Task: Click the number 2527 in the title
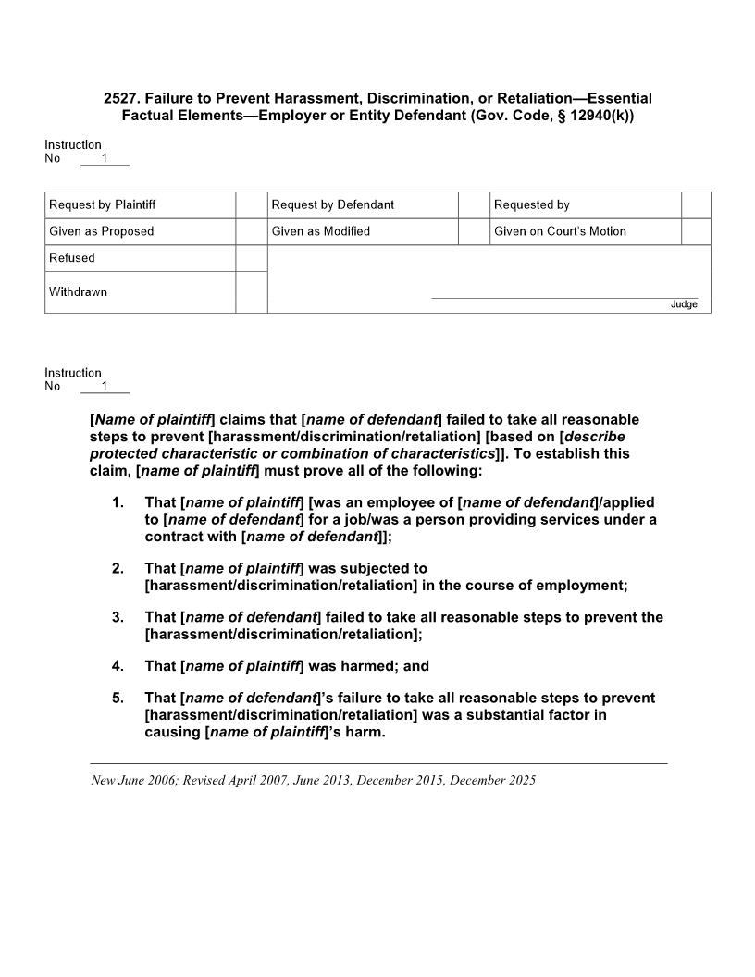(x=121, y=98)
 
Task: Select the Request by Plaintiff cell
(x=102, y=204)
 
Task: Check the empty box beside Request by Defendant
(x=474, y=204)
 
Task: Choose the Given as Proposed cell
(x=102, y=231)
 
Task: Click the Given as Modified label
(x=320, y=231)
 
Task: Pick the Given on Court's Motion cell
(x=560, y=231)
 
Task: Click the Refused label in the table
(x=72, y=258)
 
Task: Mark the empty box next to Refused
(x=251, y=258)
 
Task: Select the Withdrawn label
(x=78, y=291)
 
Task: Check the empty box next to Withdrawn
(x=251, y=291)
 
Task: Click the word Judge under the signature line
(x=684, y=304)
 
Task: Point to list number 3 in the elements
(x=118, y=617)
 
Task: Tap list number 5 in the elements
(x=118, y=698)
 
